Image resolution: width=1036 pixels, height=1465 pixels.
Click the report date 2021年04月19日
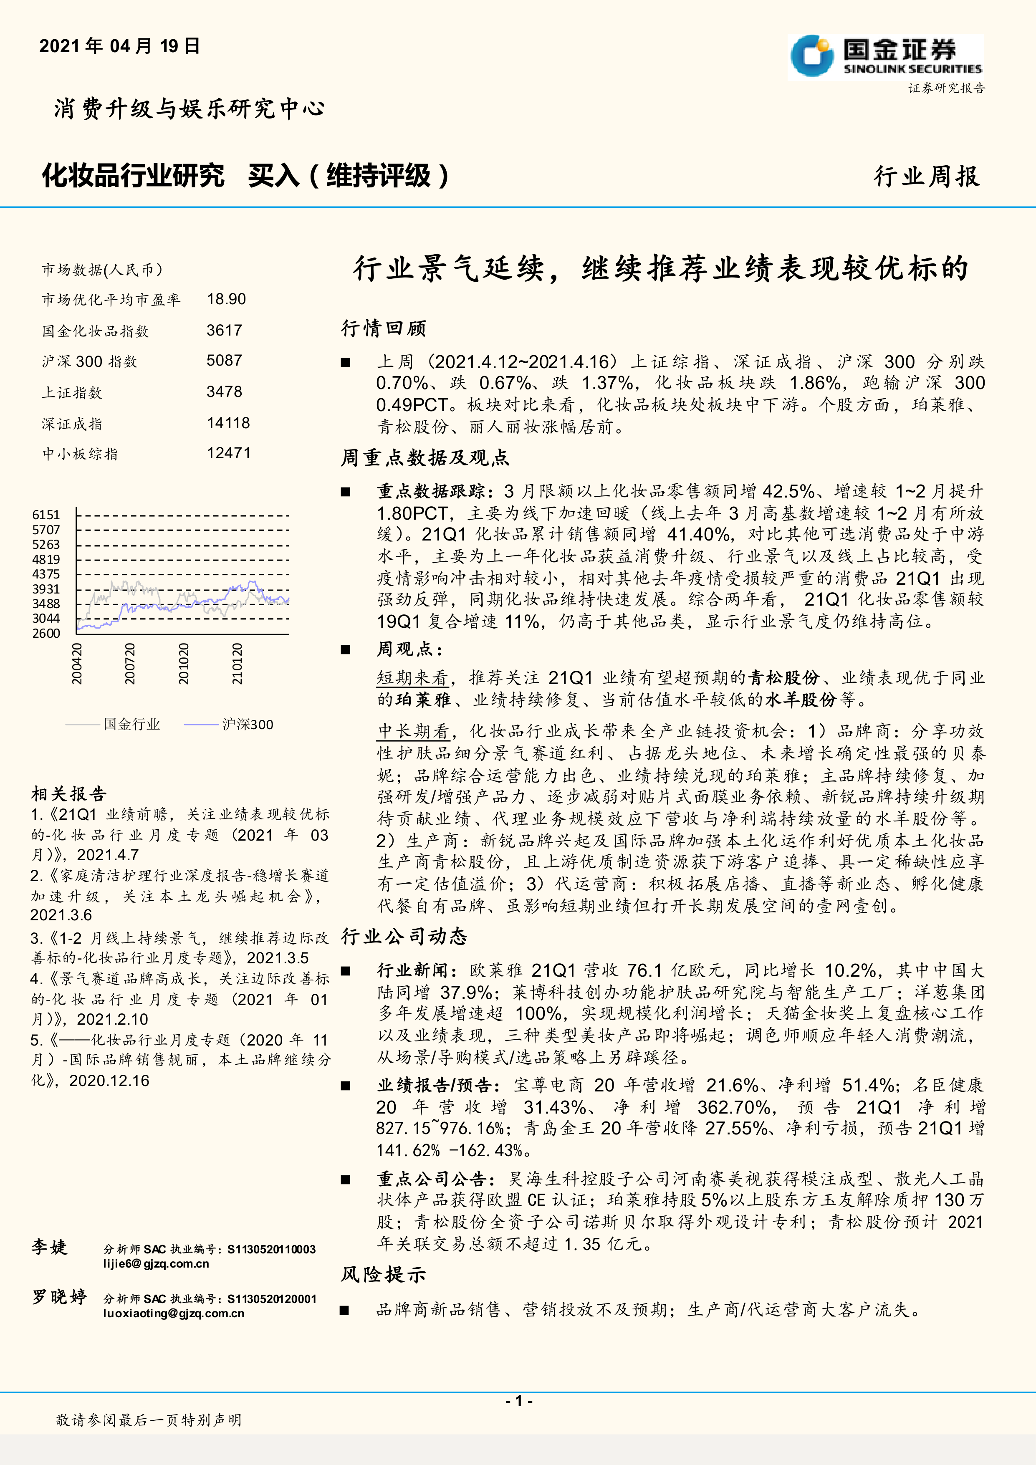tap(120, 46)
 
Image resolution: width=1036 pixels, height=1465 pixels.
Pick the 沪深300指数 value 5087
tap(224, 361)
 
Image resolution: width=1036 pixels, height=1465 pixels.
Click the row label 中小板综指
tap(80, 454)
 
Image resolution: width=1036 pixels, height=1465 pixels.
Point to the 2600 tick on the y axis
tap(46, 633)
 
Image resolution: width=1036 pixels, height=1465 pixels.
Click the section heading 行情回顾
tap(384, 328)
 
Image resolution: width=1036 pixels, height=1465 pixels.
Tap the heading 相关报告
tap(69, 794)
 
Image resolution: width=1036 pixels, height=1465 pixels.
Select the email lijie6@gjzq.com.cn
tap(156, 1263)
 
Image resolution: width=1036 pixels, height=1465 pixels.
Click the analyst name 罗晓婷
tap(59, 1297)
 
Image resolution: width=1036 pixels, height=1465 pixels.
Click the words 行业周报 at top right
tap(926, 177)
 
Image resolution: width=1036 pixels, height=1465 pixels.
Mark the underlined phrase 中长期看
tap(413, 731)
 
